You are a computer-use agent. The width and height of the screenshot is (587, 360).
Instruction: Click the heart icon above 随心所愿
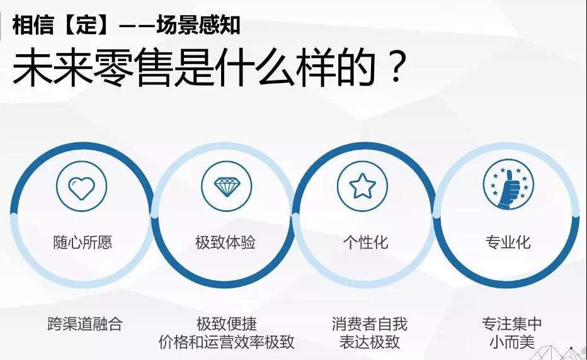[x=82, y=188]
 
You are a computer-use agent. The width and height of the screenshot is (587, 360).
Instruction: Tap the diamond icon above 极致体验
[x=226, y=187]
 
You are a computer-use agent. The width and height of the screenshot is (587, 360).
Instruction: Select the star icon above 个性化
[x=362, y=186]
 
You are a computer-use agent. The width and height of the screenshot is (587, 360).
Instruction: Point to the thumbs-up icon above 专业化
[x=508, y=186]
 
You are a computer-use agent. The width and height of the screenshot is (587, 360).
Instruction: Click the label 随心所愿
[x=83, y=242]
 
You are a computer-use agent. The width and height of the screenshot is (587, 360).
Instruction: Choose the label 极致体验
[x=225, y=242]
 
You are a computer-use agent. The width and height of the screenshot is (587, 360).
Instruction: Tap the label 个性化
[x=366, y=242]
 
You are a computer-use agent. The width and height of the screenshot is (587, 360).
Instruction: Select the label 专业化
[x=508, y=242]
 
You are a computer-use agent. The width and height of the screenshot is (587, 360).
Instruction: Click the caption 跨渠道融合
[x=85, y=324]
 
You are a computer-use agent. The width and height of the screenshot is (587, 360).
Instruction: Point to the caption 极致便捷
[x=227, y=324]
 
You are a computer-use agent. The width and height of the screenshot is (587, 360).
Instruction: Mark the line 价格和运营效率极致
[x=227, y=342]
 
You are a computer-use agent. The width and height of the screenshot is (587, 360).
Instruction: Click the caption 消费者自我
[x=370, y=324]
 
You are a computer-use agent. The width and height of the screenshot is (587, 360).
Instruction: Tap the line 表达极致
[x=370, y=342]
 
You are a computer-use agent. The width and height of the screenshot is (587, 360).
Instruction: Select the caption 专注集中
[x=512, y=324]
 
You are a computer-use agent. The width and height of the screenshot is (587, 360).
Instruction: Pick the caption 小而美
[x=512, y=342]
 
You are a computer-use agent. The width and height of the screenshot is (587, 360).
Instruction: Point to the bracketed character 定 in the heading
[x=86, y=25]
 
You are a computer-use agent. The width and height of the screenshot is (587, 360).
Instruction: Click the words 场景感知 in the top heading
[x=198, y=25]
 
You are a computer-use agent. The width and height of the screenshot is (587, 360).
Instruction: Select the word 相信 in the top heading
[x=33, y=25]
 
